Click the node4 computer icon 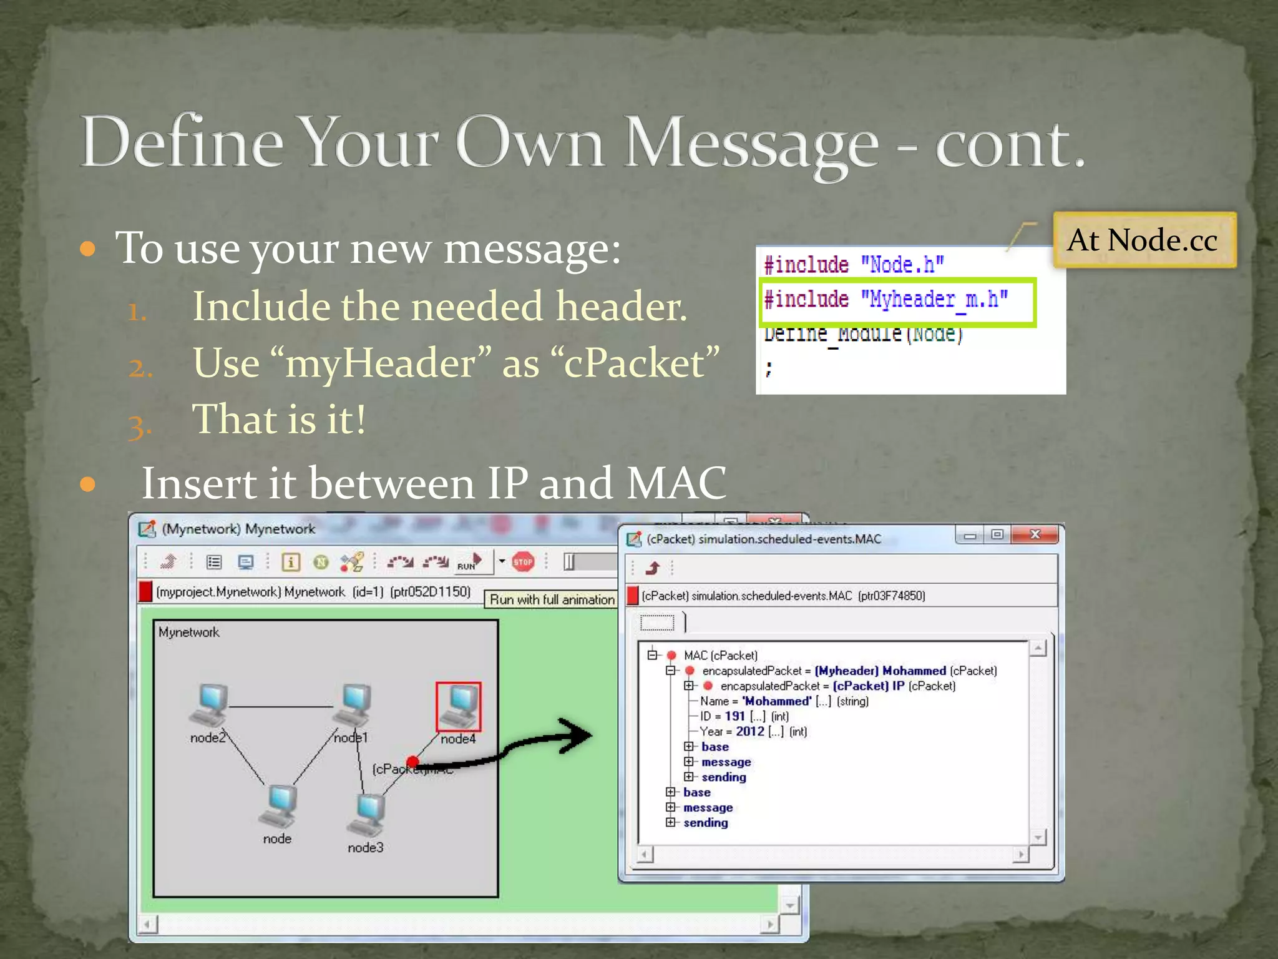tap(459, 706)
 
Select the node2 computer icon tap(210, 706)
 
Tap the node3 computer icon tap(368, 815)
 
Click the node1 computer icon tap(354, 706)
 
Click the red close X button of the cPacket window tap(1035, 534)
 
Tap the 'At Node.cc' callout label tap(1143, 240)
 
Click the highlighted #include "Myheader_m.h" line tap(886, 300)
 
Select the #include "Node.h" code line tap(854, 265)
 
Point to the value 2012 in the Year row tap(749, 731)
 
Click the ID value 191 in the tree tap(734, 716)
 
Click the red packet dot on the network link tap(412, 761)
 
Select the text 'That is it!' tap(279, 419)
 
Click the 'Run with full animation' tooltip tap(552, 599)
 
